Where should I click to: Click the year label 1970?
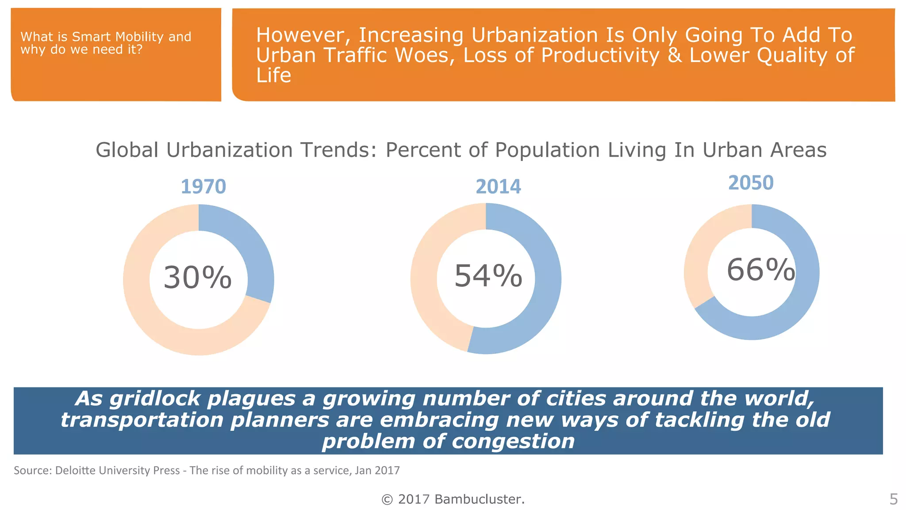click(x=203, y=187)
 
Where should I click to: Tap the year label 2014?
click(x=498, y=187)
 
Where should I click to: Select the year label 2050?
click(x=751, y=183)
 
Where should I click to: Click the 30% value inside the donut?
click(x=197, y=278)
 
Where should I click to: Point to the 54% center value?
click(x=488, y=276)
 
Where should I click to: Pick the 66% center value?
click(x=760, y=270)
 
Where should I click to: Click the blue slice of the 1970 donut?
click(x=248, y=248)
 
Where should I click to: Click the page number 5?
click(x=893, y=499)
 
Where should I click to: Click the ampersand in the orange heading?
click(x=675, y=55)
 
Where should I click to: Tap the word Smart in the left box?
click(x=92, y=37)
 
